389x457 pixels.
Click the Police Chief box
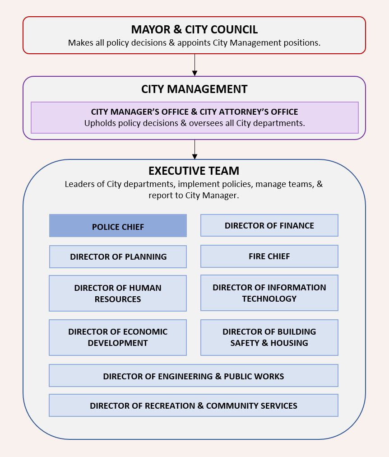(118, 226)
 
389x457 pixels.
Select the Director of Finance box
(269, 225)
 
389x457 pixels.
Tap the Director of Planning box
(118, 256)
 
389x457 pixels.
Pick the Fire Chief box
(269, 256)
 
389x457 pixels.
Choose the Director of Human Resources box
(118, 293)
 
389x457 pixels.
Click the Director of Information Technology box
(269, 293)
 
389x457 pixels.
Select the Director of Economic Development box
(118, 337)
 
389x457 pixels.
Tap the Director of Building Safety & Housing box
(269, 337)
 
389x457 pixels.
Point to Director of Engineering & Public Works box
(193, 376)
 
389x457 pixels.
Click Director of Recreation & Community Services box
(193, 405)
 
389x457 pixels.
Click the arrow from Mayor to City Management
(194, 65)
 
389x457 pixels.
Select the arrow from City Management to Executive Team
(194, 149)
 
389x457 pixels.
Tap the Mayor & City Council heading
(194, 30)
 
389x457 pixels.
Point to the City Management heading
(194, 89)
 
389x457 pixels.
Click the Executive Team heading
(194, 171)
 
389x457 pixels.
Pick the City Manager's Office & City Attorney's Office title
(194, 112)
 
